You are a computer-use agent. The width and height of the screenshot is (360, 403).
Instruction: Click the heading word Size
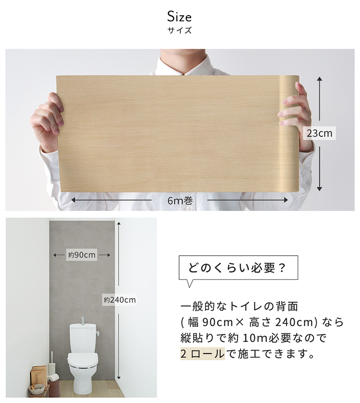click(x=179, y=17)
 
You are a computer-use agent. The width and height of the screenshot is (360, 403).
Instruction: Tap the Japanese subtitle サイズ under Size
click(x=180, y=30)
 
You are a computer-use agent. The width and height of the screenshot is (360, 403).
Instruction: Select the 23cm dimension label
click(x=319, y=133)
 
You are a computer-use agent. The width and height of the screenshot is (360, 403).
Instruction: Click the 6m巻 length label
click(x=180, y=201)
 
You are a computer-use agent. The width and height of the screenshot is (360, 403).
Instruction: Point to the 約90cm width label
click(x=82, y=255)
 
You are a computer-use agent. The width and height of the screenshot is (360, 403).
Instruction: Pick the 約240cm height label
click(x=120, y=300)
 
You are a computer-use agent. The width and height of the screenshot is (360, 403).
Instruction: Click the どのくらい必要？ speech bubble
click(x=238, y=268)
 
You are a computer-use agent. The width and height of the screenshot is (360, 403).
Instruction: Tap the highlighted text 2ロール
click(x=203, y=354)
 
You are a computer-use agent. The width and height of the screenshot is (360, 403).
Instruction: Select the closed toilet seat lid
click(x=83, y=359)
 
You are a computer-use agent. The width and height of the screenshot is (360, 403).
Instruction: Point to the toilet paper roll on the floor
click(x=53, y=378)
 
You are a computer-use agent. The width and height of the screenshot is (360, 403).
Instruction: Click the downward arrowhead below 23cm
click(x=319, y=189)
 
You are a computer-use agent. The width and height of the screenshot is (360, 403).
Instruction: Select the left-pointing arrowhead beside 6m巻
click(x=73, y=200)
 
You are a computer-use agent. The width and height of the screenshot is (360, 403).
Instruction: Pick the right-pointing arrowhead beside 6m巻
click(x=286, y=200)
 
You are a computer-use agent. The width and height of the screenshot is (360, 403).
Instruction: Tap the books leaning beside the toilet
click(x=39, y=376)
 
